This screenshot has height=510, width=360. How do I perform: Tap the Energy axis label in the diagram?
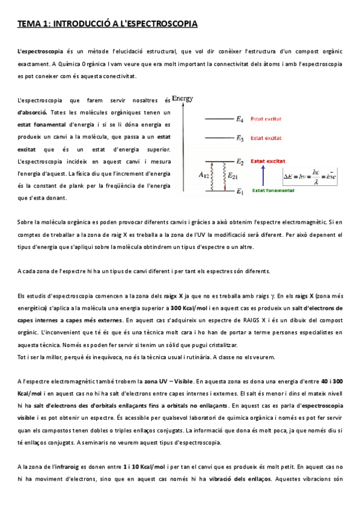(x=182, y=97)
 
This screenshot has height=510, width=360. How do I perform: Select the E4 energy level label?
(x=240, y=118)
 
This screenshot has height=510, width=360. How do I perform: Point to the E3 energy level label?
(x=240, y=138)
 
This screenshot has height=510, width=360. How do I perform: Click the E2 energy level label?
(x=240, y=161)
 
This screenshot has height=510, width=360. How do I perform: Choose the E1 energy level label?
(x=240, y=192)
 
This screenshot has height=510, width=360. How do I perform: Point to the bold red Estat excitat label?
(x=267, y=161)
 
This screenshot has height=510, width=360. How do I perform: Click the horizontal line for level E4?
(x=219, y=118)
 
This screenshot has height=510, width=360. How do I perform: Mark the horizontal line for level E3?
(x=219, y=138)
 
